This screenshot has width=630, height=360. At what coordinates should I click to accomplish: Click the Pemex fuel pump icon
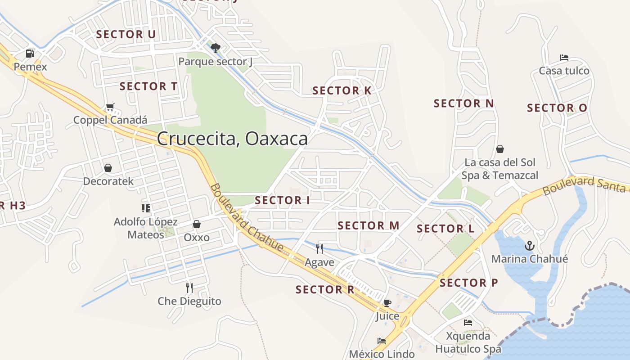(30, 54)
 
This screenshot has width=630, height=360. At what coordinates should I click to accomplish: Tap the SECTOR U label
(126, 34)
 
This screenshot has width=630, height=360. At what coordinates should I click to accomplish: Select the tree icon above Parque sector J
(216, 48)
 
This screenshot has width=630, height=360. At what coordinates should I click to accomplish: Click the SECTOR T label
(148, 86)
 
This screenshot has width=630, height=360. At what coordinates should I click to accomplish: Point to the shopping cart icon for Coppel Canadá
(110, 107)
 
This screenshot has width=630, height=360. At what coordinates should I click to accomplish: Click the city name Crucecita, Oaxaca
(232, 139)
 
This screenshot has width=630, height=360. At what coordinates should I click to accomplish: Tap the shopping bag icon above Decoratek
(108, 168)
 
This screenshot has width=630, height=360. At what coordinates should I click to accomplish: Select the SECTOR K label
(342, 90)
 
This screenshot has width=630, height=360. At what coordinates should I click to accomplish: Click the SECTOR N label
(464, 103)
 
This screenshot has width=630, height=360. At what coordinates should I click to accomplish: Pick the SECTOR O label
(557, 108)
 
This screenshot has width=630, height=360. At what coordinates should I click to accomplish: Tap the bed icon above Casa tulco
(564, 58)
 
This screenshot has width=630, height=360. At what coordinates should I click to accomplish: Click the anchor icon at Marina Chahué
(530, 246)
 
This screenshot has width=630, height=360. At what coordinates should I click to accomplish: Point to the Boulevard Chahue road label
(247, 218)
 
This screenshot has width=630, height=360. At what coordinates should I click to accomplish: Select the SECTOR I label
(282, 200)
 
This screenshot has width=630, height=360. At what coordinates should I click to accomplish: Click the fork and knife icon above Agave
(319, 249)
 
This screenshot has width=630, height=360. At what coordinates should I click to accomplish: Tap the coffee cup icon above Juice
(387, 303)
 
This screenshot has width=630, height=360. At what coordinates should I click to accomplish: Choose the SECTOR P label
(469, 283)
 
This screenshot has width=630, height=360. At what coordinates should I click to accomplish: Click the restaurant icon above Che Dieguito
(189, 288)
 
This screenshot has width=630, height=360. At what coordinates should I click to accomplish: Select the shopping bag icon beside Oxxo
(197, 224)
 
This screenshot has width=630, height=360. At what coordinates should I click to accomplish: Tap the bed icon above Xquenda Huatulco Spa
(468, 323)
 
